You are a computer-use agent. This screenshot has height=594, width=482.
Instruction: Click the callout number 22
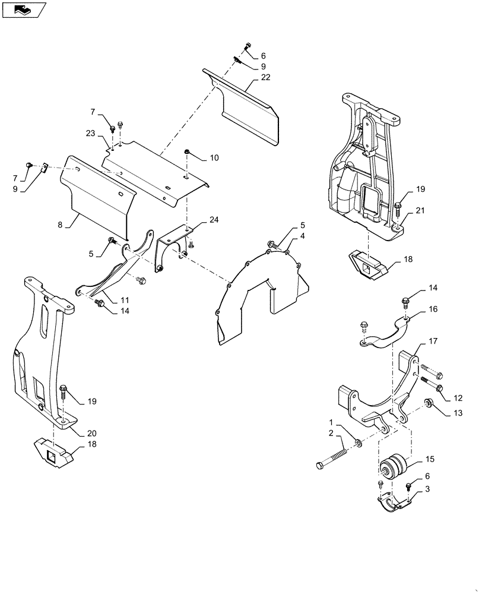[265, 78]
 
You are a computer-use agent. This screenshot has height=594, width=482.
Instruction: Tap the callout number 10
[214, 158]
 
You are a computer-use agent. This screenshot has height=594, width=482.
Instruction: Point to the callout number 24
[214, 220]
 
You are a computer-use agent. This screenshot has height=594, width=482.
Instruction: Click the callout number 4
[302, 236]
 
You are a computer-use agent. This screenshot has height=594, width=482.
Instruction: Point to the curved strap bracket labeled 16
[385, 335]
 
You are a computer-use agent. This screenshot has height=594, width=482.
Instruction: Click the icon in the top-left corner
[24, 9]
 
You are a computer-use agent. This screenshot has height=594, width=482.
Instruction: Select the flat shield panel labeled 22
[249, 113]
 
